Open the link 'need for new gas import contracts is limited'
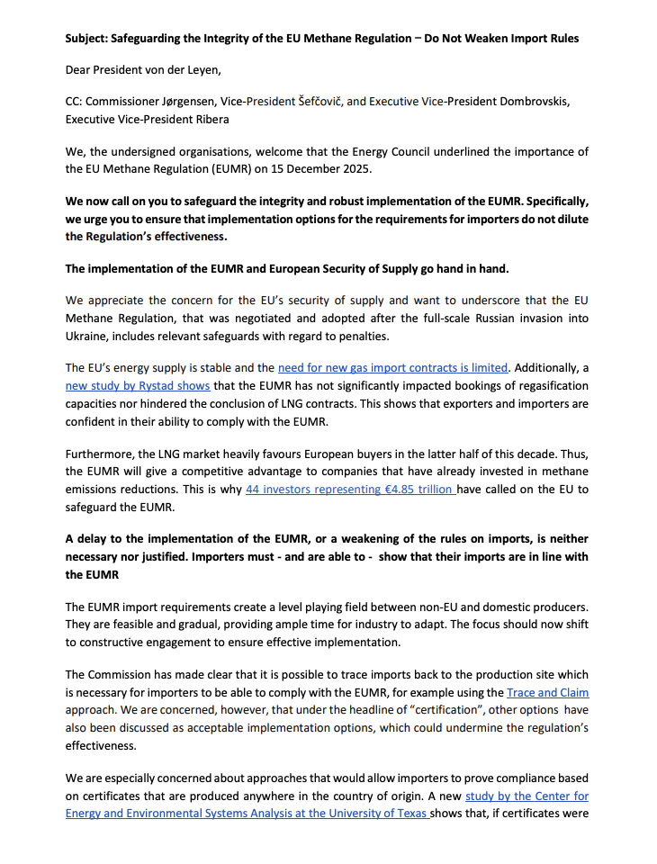click(393, 367)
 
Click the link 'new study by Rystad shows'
click(138, 384)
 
